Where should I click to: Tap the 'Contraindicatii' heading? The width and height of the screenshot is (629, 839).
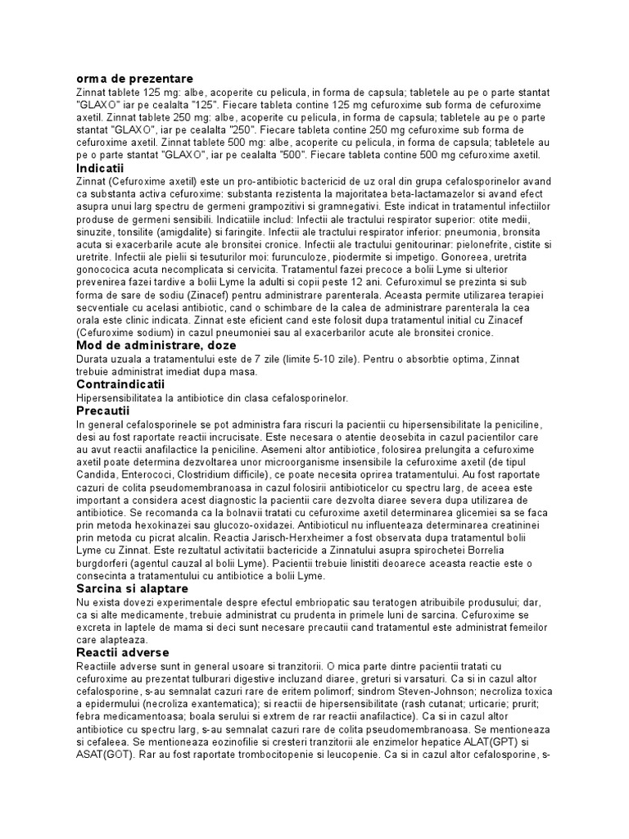pyautogui.click(x=120, y=383)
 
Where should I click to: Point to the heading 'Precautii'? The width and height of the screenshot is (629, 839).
pyautogui.click(x=103, y=410)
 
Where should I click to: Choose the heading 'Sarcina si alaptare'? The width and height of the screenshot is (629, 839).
pyautogui.click(x=132, y=588)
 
